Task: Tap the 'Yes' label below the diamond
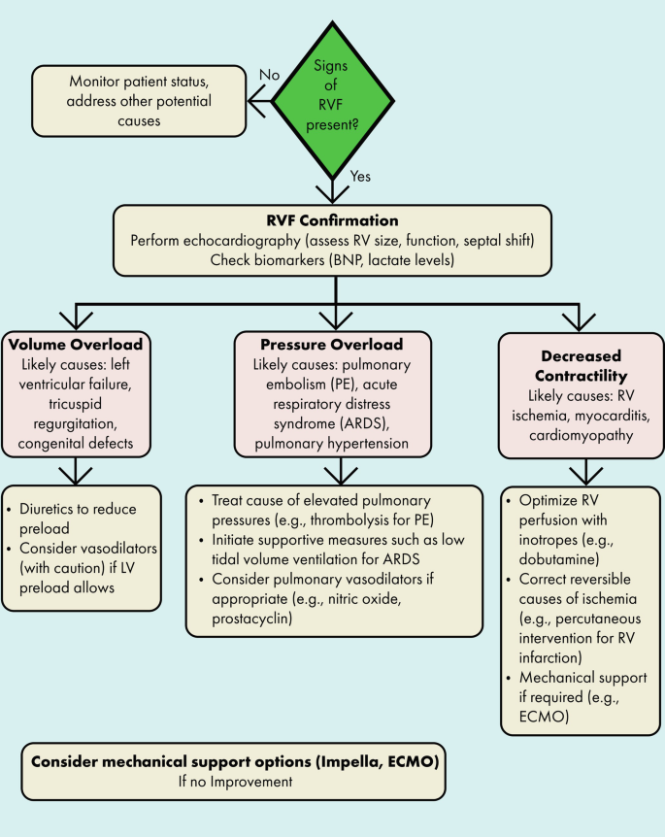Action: point(360,177)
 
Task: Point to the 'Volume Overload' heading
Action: point(83,345)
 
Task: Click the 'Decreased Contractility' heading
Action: point(581,365)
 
